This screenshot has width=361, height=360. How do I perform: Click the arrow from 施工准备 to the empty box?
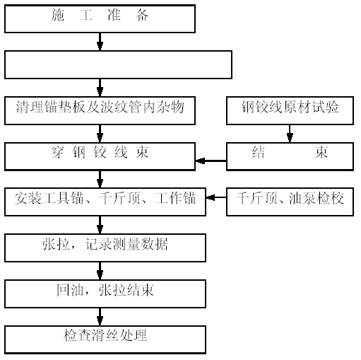pos(100,42)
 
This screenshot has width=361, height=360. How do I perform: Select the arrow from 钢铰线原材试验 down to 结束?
pos(290,134)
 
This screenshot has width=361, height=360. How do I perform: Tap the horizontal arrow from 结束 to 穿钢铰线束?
pos(211,161)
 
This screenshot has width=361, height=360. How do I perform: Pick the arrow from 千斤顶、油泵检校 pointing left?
pos(216,197)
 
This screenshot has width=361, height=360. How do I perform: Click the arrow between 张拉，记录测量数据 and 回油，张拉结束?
pos(100,271)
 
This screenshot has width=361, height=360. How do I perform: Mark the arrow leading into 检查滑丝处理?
pos(100,317)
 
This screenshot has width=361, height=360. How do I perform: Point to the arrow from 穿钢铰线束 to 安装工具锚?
pos(100,179)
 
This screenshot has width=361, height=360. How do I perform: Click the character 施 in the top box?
pos(58,15)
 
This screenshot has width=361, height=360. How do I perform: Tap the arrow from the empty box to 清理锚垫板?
pos(100,88)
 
